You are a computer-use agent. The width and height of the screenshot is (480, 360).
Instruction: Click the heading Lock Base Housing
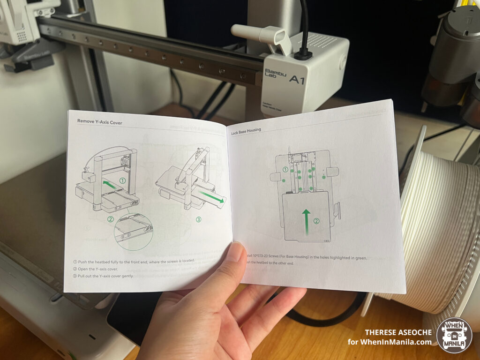tap(246, 130)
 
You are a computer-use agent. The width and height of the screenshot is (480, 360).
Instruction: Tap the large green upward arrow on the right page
tap(306, 222)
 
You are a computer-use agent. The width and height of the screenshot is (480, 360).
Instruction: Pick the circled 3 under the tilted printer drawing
tap(198, 219)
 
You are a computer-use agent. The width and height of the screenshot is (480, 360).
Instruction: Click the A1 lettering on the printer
tap(297, 80)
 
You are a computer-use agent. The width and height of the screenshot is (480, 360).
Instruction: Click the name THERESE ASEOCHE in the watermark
tap(398, 332)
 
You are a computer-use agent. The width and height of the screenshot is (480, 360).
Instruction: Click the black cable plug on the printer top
tap(303, 54)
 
